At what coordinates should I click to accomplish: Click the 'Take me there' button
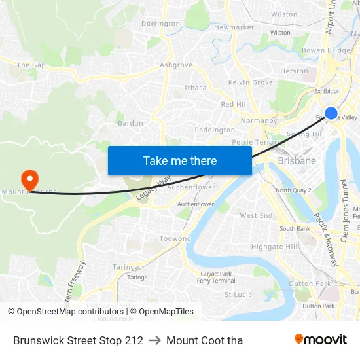pyautogui.click(x=180, y=160)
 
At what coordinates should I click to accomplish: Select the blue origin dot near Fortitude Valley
pyautogui.click(x=331, y=113)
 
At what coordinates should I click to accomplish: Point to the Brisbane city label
pyautogui.click(x=297, y=160)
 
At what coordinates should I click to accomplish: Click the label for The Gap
pyautogui.click(x=31, y=65)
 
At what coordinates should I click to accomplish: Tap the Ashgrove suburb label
pyautogui.click(x=176, y=65)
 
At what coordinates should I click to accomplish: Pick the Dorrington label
pyautogui.click(x=160, y=24)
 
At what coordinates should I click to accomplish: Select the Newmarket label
pyautogui.click(x=234, y=27)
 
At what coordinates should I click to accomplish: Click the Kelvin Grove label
pyautogui.click(x=250, y=82)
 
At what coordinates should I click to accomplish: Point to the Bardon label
pyautogui.click(x=130, y=123)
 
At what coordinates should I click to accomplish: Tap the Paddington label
pyautogui.click(x=215, y=130)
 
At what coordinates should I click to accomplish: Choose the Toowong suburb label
pyautogui.click(x=175, y=239)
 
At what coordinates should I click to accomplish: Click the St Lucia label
pyautogui.click(x=238, y=295)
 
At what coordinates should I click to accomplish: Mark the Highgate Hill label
pyautogui.click(x=274, y=247)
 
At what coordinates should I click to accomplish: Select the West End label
pyautogui.click(x=256, y=215)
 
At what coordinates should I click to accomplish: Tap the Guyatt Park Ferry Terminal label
pyautogui.click(x=216, y=277)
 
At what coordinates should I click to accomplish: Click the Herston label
pyautogui.click(x=294, y=71)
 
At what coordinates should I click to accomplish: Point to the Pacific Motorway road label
pyautogui.click(x=325, y=238)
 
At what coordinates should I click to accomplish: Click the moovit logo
pyautogui.click(x=320, y=339)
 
